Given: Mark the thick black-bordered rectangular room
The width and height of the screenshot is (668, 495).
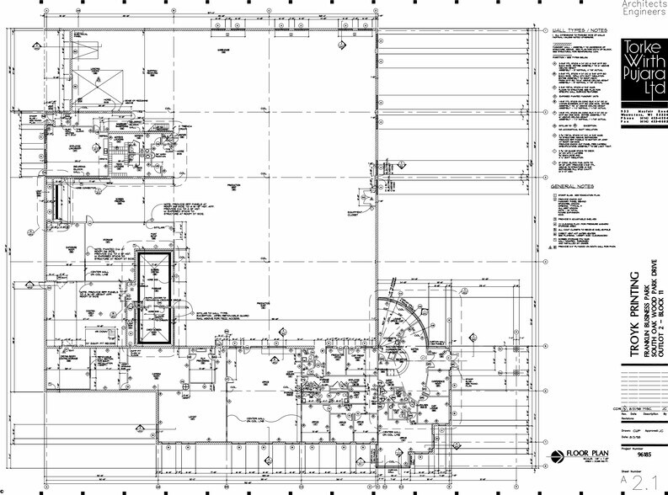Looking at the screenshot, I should [x=154, y=295].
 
